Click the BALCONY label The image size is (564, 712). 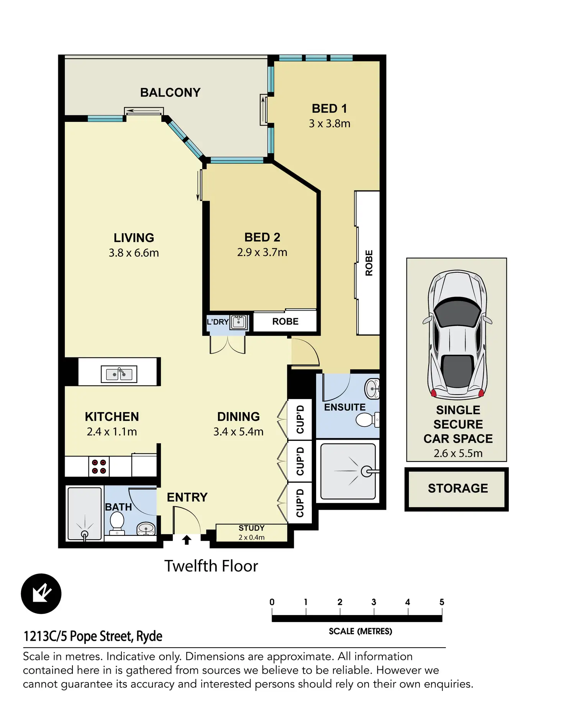coord(170,92)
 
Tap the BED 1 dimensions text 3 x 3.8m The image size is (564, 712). coord(330,123)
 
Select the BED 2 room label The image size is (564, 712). coord(262,237)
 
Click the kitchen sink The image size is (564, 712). coord(119,374)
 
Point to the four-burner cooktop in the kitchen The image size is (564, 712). coord(99,466)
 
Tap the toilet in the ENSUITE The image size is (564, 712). coord(367,419)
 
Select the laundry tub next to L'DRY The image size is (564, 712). coord(239,322)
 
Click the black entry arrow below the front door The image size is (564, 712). coord(187,540)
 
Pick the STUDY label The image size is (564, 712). coord(251,528)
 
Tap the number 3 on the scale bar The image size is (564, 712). coord(374,602)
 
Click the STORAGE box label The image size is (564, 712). coord(458,488)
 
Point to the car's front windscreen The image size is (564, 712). coord(458,311)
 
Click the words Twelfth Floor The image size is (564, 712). coord(211,566)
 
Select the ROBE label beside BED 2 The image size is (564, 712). coord(285,321)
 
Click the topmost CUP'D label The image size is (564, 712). coord(300,419)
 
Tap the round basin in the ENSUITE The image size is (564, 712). coord(372,389)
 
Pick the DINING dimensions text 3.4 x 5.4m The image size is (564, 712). coord(238,432)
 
